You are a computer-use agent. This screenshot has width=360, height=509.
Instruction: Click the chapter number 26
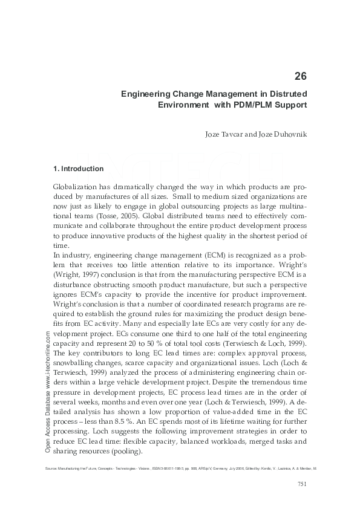click(x=300, y=76)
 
